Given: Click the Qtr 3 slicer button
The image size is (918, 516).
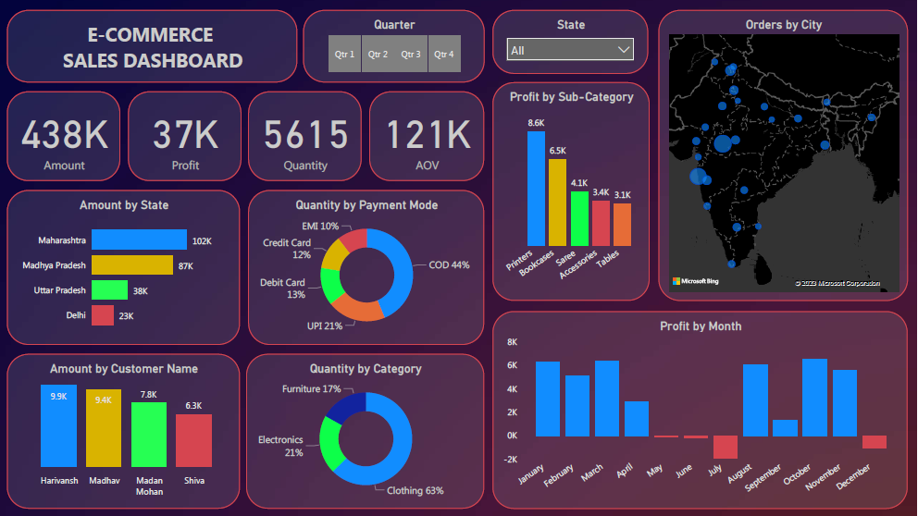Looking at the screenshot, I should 411,55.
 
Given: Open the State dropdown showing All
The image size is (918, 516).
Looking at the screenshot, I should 570,50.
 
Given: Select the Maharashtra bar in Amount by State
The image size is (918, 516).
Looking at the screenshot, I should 139,240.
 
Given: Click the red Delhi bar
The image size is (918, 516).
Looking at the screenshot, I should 103,315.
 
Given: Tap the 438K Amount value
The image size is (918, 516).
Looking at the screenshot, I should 65,135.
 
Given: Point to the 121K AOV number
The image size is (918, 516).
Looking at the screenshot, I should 428,135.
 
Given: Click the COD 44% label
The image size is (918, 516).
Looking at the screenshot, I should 449,265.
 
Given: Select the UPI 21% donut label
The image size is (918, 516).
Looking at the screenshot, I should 324,326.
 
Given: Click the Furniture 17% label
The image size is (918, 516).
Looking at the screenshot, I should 312,389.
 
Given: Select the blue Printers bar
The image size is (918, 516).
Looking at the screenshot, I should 536,188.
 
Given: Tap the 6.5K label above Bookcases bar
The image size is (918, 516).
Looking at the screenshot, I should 557,151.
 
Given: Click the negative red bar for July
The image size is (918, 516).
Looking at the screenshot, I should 725,447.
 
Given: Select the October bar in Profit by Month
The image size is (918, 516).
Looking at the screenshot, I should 814,397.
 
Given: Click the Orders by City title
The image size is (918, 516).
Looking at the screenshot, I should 783,25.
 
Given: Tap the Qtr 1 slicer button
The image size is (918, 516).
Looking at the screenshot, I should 344,55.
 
